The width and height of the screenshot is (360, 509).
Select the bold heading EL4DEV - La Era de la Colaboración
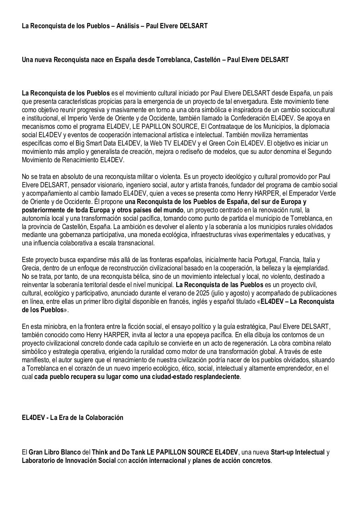[x=72, y=418]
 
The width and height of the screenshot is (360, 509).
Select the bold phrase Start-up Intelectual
[x=298, y=452]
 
